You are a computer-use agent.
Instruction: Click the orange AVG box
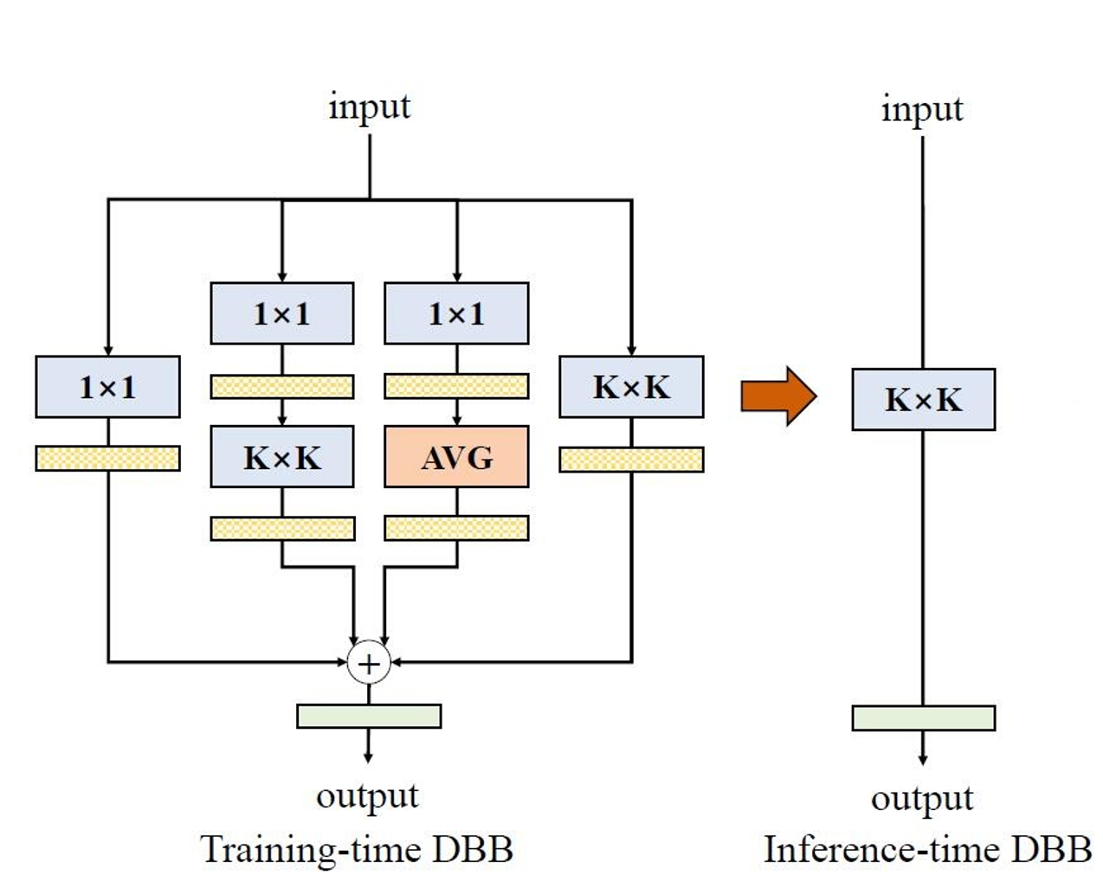tap(456, 456)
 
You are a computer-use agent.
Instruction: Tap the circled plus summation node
tap(369, 664)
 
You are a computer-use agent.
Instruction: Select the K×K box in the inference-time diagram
tap(923, 400)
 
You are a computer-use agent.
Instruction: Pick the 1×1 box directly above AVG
tap(456, 313)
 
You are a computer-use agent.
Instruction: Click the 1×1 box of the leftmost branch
tap(107, 387)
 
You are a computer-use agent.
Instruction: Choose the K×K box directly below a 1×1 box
tap(281, 456)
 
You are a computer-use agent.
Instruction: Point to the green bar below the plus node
tap(369, 716)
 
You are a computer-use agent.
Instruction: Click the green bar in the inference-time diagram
tap(923, 718)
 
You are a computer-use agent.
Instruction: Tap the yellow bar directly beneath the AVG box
tap(456, 528)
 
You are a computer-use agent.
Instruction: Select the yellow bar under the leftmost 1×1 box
tap(107, 458)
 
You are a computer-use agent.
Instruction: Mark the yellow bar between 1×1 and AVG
tap(456, 386)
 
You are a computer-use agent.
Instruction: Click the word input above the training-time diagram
tap(370, 107)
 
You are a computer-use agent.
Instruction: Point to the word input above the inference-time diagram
tap(922, 110)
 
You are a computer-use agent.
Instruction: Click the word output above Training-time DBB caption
tap(367, 795)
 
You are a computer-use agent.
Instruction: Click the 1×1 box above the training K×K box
tap(281, 313)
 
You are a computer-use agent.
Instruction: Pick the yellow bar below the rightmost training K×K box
tap(631, 460)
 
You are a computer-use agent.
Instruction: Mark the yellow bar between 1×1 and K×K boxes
tap(281, 386)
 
